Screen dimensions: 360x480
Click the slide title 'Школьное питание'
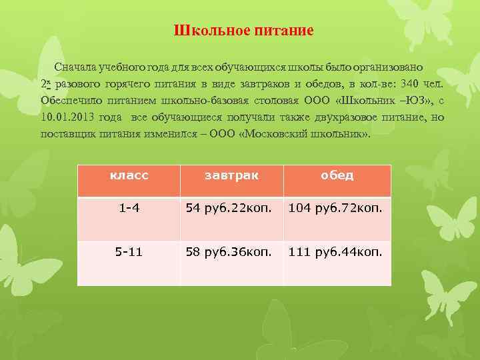point(243,31)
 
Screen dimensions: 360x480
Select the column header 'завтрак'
point(231,176)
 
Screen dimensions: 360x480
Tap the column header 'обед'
point(337,176)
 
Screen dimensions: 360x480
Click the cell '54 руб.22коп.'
point(229,209)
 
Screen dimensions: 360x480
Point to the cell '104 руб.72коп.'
point(335,209)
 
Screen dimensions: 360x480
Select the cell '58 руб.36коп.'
point(229,253)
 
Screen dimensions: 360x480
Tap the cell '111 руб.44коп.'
point(335,253)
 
